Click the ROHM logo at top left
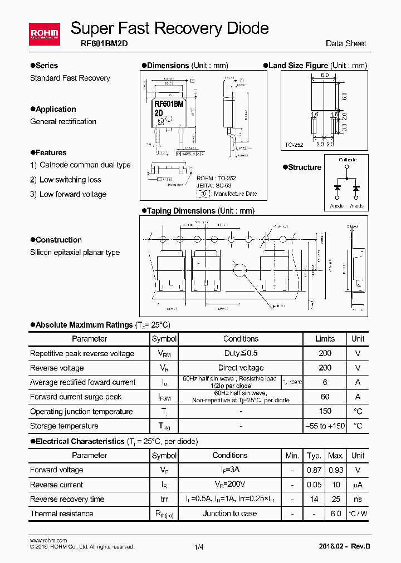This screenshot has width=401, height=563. [44, 34]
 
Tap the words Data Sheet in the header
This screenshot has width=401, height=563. [346, 44]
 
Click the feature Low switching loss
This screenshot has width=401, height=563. [70, 180]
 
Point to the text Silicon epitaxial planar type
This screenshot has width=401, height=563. [75, 252]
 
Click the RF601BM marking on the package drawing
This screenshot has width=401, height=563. [169, 103]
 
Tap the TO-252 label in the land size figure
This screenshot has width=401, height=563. [294, 145]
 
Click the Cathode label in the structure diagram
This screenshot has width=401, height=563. [348, 160]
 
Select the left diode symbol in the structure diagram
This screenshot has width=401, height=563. [337, 187]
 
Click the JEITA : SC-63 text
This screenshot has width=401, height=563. [214, 185]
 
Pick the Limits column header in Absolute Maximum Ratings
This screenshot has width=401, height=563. [325, 338]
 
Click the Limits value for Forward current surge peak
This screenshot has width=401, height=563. [325, 397]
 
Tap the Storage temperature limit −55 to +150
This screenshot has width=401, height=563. [325, 426]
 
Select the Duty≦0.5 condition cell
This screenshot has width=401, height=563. [241, 353]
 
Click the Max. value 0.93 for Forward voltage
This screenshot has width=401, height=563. [335, 470]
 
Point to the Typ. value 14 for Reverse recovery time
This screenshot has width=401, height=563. [314, 499]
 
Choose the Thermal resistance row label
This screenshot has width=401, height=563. [62, 513]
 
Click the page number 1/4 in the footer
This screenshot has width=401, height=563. [199, 547]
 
